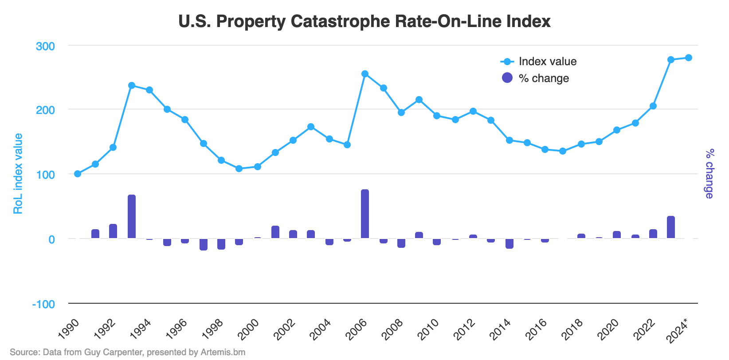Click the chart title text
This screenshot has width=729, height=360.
tap(364, 21)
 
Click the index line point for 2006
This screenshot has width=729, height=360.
tap(365, 74)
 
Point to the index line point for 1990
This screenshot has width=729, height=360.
tap(78, 174)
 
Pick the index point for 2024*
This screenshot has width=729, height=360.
tap(689, 58)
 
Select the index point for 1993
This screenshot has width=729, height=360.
tap(132, 86)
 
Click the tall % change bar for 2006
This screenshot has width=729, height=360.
tap(365, 214)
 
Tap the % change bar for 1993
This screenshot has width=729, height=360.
tap(132, 217)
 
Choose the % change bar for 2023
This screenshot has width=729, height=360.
tap(671, 227)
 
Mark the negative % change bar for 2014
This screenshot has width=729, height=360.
tap(510, 243)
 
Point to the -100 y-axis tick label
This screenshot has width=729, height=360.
tap(43, 304)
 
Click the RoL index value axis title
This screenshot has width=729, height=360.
tap(18, 174)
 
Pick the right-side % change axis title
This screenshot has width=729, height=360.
tap(709, 174)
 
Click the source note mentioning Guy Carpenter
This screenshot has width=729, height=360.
tap(128, 352)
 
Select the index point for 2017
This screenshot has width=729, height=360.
tap(563, 151)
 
